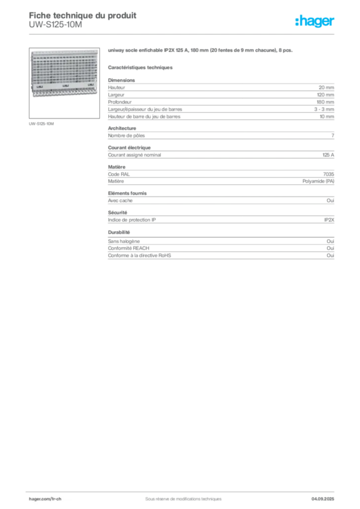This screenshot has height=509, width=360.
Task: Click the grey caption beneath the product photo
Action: pos(42,123)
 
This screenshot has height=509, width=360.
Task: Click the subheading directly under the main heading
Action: pos(141,67)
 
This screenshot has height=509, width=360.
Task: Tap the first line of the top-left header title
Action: pos(82,14)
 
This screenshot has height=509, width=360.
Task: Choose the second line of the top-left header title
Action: pos(55,25)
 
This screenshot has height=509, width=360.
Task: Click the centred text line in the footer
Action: pos(179,496)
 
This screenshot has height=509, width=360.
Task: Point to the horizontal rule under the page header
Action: pos(182,34)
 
